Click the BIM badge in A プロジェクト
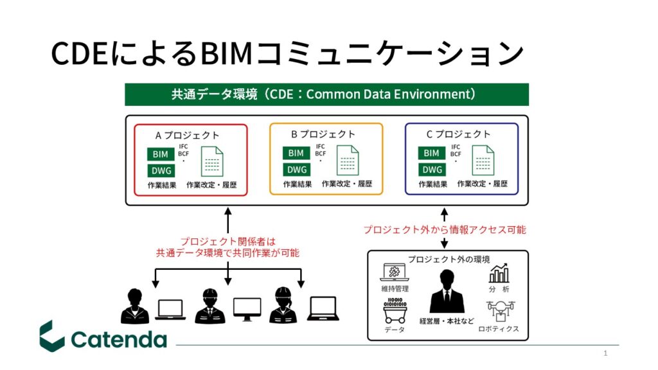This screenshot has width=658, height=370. coord(160,154)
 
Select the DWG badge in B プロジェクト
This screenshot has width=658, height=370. coord(296,170)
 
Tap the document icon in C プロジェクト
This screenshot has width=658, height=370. coord(483,161)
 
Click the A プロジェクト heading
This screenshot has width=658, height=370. coord(188,135)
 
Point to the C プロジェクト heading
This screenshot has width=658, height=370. coord(459,134)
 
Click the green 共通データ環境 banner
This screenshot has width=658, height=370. coord(326,94)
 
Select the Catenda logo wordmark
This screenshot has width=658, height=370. coord(119,339)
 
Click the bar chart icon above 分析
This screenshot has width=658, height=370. coord(499,274)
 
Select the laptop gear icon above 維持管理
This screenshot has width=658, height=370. coord(395,272)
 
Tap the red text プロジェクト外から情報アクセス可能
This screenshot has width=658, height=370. coord(444,229)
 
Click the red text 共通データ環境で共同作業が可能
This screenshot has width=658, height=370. coord(227,253)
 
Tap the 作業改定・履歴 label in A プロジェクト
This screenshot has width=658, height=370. coord(211,185)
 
